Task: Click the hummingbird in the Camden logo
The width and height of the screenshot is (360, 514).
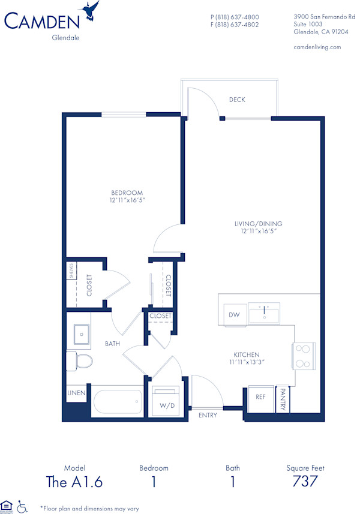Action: click(x=91, y=10)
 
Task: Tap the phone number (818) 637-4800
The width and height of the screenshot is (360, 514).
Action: click(x=235, y=17)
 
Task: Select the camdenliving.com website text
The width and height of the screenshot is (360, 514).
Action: click(x=317, y=47)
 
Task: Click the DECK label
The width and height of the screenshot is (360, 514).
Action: click(x=237, y=100)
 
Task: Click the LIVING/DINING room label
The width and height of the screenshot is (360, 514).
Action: click(x=258, y=224)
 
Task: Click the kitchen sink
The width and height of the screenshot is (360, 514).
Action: click(x=264, y=313)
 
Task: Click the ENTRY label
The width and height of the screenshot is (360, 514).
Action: click(x=208, y=415)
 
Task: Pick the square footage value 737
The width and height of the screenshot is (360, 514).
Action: click(x=305, y=481)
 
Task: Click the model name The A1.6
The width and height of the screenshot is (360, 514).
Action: click(x=74, y=481)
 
